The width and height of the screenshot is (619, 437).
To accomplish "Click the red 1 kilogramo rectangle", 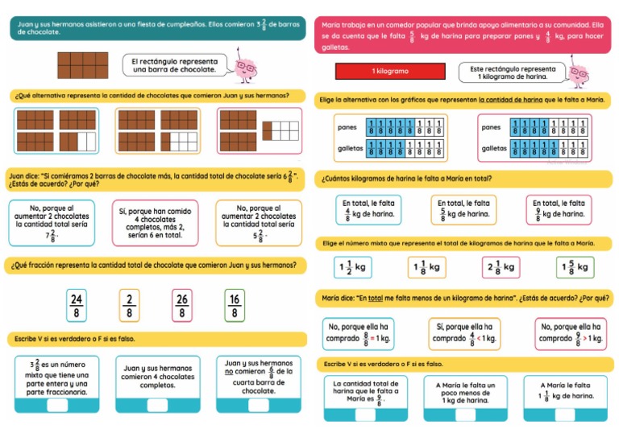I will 389,72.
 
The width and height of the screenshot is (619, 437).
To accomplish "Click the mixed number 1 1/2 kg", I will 352,266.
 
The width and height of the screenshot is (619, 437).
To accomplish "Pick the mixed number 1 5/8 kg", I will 574,266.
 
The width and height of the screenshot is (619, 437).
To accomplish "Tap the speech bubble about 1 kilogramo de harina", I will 512,72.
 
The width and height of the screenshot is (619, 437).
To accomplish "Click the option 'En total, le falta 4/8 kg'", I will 368,209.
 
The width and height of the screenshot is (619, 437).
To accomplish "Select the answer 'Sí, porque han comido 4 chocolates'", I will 154,223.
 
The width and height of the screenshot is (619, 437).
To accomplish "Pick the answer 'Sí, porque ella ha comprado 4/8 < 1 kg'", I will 464,333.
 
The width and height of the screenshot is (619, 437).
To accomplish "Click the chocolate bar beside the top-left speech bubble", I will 82,65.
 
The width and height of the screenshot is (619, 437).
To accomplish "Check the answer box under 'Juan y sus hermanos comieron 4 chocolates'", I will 157,405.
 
